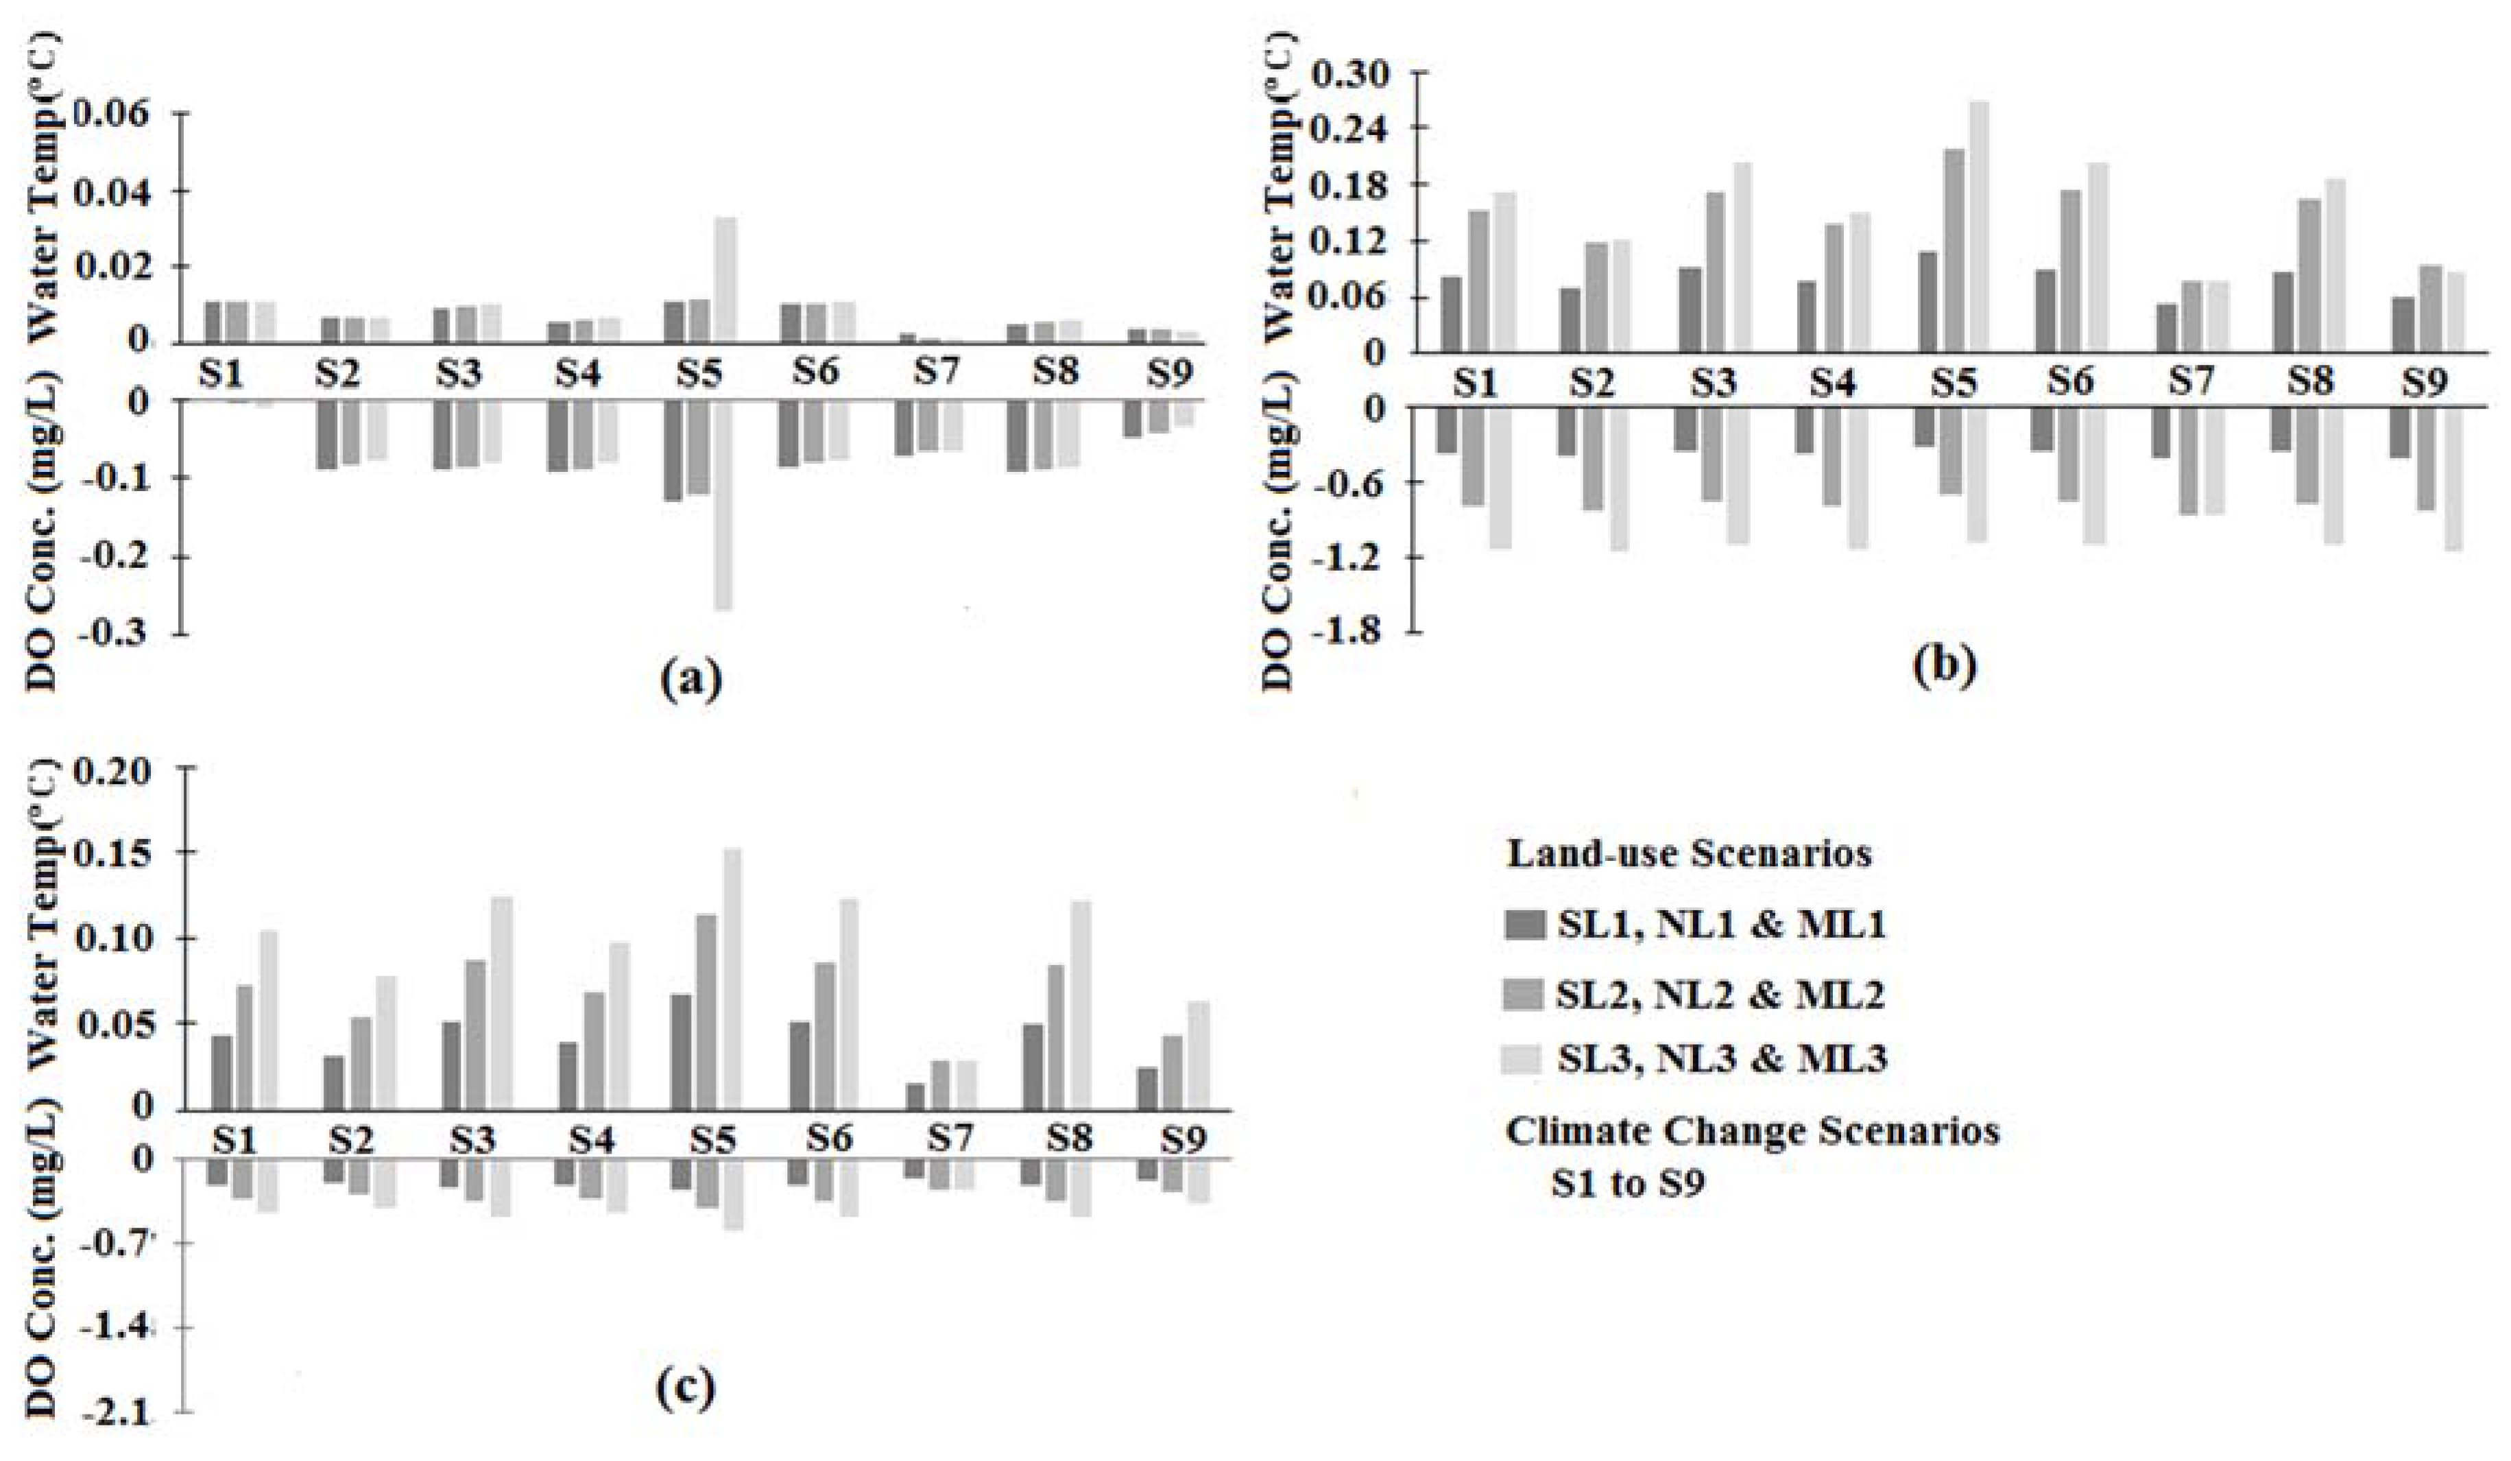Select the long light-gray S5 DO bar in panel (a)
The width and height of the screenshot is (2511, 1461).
pos(723,504)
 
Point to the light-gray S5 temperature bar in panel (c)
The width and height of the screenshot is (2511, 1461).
pos(732,977)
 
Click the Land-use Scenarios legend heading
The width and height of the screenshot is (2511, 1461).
pos(1689,854)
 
